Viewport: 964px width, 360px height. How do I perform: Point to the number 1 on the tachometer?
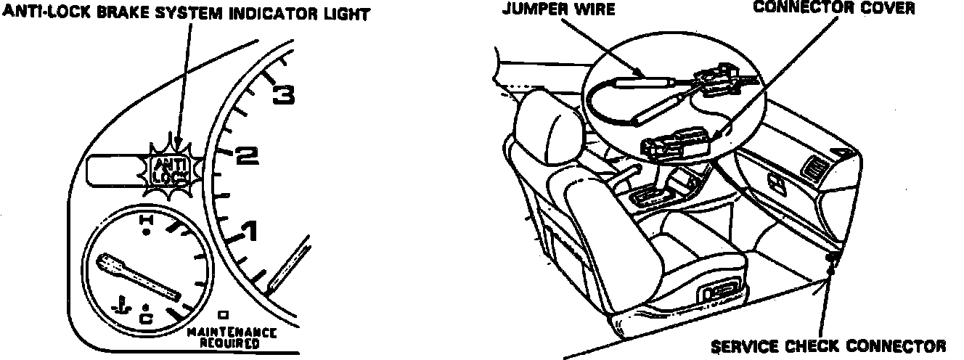(x=249, y=233)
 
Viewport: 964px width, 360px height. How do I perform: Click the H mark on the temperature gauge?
(x=146, y=219)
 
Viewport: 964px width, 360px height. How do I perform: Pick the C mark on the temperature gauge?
(x=146, y=317)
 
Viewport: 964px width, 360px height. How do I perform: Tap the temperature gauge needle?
(x=139, y=276)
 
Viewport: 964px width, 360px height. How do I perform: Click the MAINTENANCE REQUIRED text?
(x=221, y=338)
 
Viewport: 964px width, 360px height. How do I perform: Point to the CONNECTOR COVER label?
(x=833, y=8)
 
